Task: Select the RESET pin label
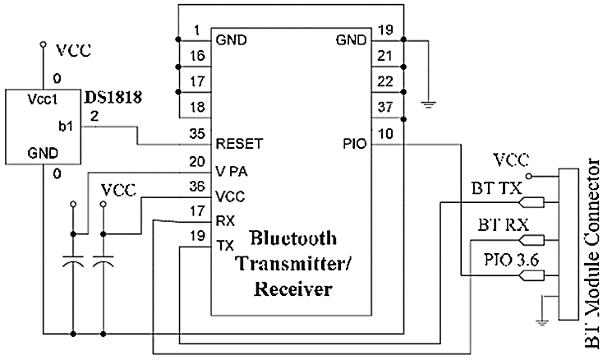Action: [x=238, y=142]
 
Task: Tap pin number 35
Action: [x=196, y=132]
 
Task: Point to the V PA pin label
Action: [x=233, y=172]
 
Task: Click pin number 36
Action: [x=196, y=187]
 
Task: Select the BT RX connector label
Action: [x=498, y=224]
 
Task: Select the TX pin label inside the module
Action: [x=225, y=246]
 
